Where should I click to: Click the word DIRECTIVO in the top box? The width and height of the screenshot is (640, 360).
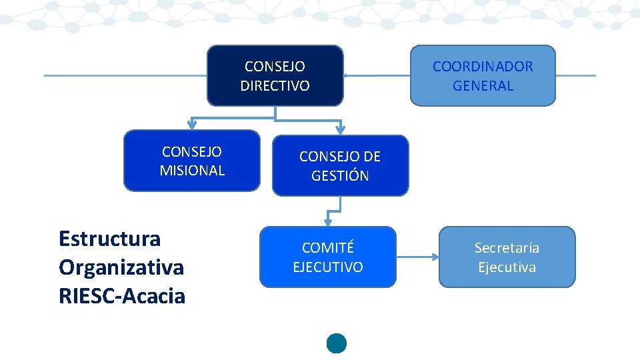tap(275, 86)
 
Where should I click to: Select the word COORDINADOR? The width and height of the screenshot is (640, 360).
tap(483, 67)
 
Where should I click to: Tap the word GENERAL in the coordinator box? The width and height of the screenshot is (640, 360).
tap(483, 86)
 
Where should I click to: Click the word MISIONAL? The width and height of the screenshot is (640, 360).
tap(192, 171)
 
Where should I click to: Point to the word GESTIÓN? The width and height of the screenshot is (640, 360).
tap(340, 176)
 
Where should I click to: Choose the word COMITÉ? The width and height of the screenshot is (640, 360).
tap(327, 248)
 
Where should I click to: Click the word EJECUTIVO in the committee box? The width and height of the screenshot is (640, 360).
tap(327, 267)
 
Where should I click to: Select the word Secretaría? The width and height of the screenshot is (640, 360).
tap(507, 248)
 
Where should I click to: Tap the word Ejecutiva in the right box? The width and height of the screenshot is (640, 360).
tap(507, 267)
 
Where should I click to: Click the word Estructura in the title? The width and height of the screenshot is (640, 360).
tap(109, 238)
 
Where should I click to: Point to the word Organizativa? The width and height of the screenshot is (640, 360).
tap(121, 267)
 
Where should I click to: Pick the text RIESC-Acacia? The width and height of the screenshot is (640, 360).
tap(121, 296)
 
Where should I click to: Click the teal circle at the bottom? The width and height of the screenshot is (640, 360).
tap(337, 343)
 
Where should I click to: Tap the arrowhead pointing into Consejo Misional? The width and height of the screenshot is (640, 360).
tap(192, 125)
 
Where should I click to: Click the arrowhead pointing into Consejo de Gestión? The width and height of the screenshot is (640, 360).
tap(340, 130)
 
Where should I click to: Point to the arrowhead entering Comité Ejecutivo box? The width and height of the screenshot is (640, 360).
tap(328, 221)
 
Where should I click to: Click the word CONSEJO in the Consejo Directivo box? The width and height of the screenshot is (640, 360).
tap(275, 67)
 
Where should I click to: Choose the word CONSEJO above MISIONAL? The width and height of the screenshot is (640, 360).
tap(192, 151)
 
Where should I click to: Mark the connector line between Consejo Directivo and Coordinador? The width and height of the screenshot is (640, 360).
tap(377, 75)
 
